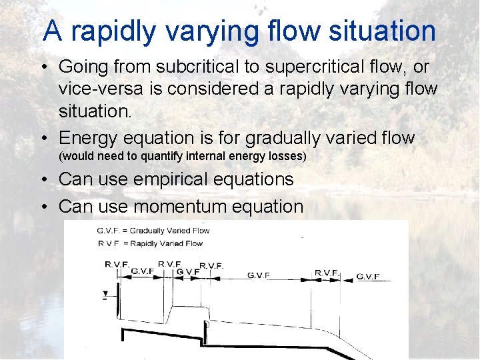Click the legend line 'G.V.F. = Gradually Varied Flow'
point(153,231)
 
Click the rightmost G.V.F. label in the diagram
point(368,276)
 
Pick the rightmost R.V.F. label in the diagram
point(327,273)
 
